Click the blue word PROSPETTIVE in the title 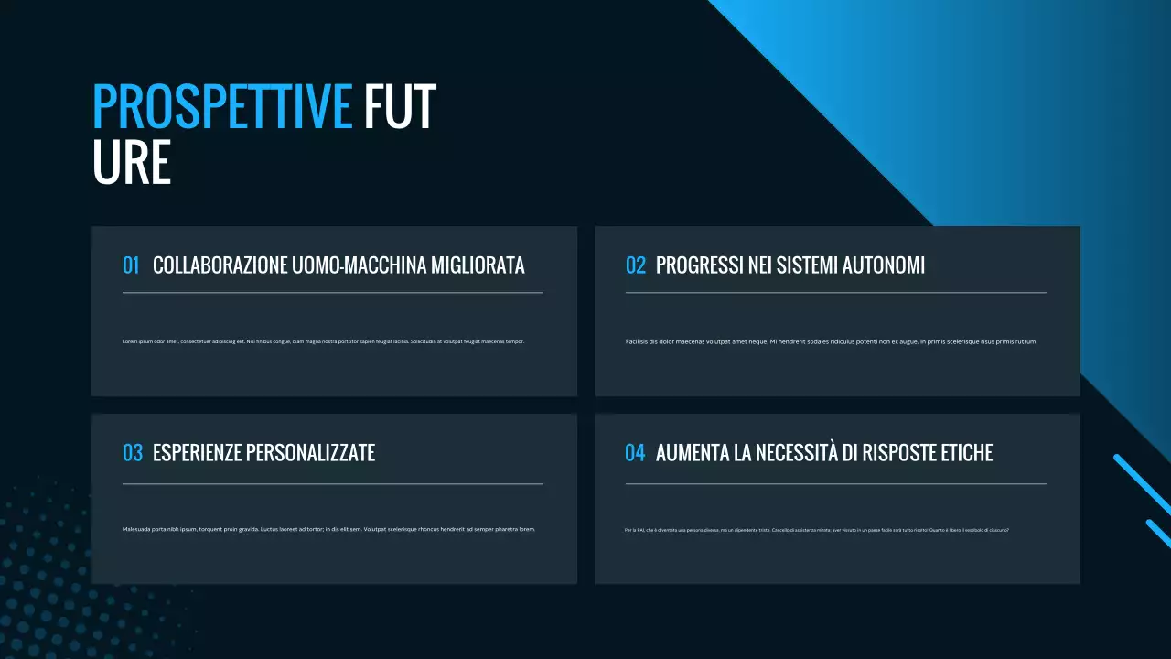pos(222,107)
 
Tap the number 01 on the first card pos(131,265)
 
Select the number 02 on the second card pos(635,265)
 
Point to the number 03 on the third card pos(132,453)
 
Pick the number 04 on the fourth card pos(635,453)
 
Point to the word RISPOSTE pos(897,453)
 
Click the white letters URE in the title pos(132,163)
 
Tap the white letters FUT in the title pos(400,107)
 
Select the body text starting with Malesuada pos(328,529)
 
